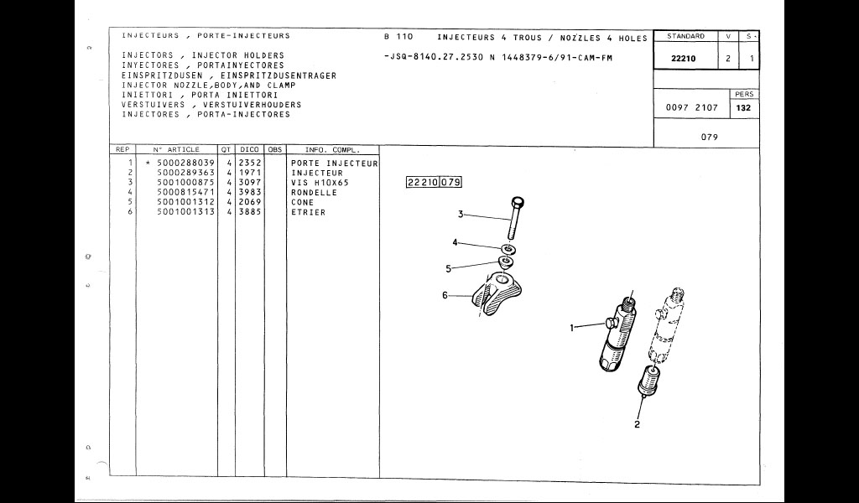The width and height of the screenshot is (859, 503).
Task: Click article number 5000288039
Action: tap(185, 163)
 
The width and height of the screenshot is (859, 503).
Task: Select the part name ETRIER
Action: tap(309, 212)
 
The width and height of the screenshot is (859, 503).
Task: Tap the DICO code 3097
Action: tap(250, 183)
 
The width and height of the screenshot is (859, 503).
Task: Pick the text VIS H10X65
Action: tap(320, 183)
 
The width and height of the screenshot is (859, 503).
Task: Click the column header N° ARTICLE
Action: tap(176, 149)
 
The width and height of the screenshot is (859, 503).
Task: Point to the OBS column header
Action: tap(275, 149)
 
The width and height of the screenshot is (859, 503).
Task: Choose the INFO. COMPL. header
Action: tap(332, 149)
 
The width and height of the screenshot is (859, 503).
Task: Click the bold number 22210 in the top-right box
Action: tap(684, 59)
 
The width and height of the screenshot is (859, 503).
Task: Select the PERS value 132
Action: tap(743, 108)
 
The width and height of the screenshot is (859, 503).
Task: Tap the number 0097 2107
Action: tap(692, 108)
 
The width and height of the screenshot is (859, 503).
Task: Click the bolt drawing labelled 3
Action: tap(517, 218)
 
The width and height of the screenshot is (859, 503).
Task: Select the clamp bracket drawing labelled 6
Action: tap(496, 296)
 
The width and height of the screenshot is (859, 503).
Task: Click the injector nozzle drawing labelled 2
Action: tap(648, 381)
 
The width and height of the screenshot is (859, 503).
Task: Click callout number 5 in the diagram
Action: tap(448, 269)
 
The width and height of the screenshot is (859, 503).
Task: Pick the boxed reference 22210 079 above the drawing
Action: tap(434, 182)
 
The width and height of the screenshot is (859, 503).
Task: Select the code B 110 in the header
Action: tap(398, 37)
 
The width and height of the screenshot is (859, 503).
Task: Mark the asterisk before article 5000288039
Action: tap(148, 163)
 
